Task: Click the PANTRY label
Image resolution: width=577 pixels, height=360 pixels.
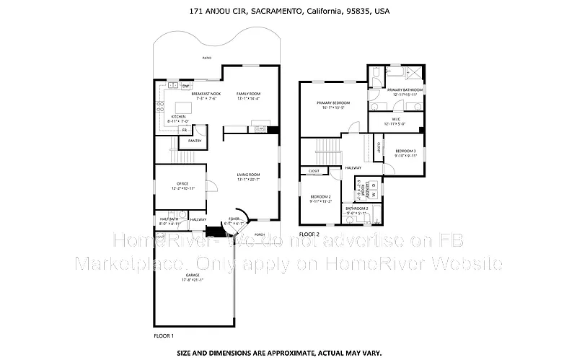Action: coord(195,141)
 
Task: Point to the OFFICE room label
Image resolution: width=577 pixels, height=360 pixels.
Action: coord(182,184)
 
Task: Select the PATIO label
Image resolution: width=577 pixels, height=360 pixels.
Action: coord(207,57)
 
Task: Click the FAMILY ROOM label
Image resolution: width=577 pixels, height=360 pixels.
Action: coord(249,94)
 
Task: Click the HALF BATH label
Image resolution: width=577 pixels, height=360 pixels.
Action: coord(167,219)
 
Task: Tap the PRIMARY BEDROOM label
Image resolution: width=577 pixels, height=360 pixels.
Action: coord(332,103)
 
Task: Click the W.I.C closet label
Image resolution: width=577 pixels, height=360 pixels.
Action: coord(396,119)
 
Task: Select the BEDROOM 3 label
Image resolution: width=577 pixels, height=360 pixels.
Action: coord(405,151)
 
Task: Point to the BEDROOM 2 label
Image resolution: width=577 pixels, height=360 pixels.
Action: coord(320,197)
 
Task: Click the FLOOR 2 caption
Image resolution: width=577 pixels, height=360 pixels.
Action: coord(309,234)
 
